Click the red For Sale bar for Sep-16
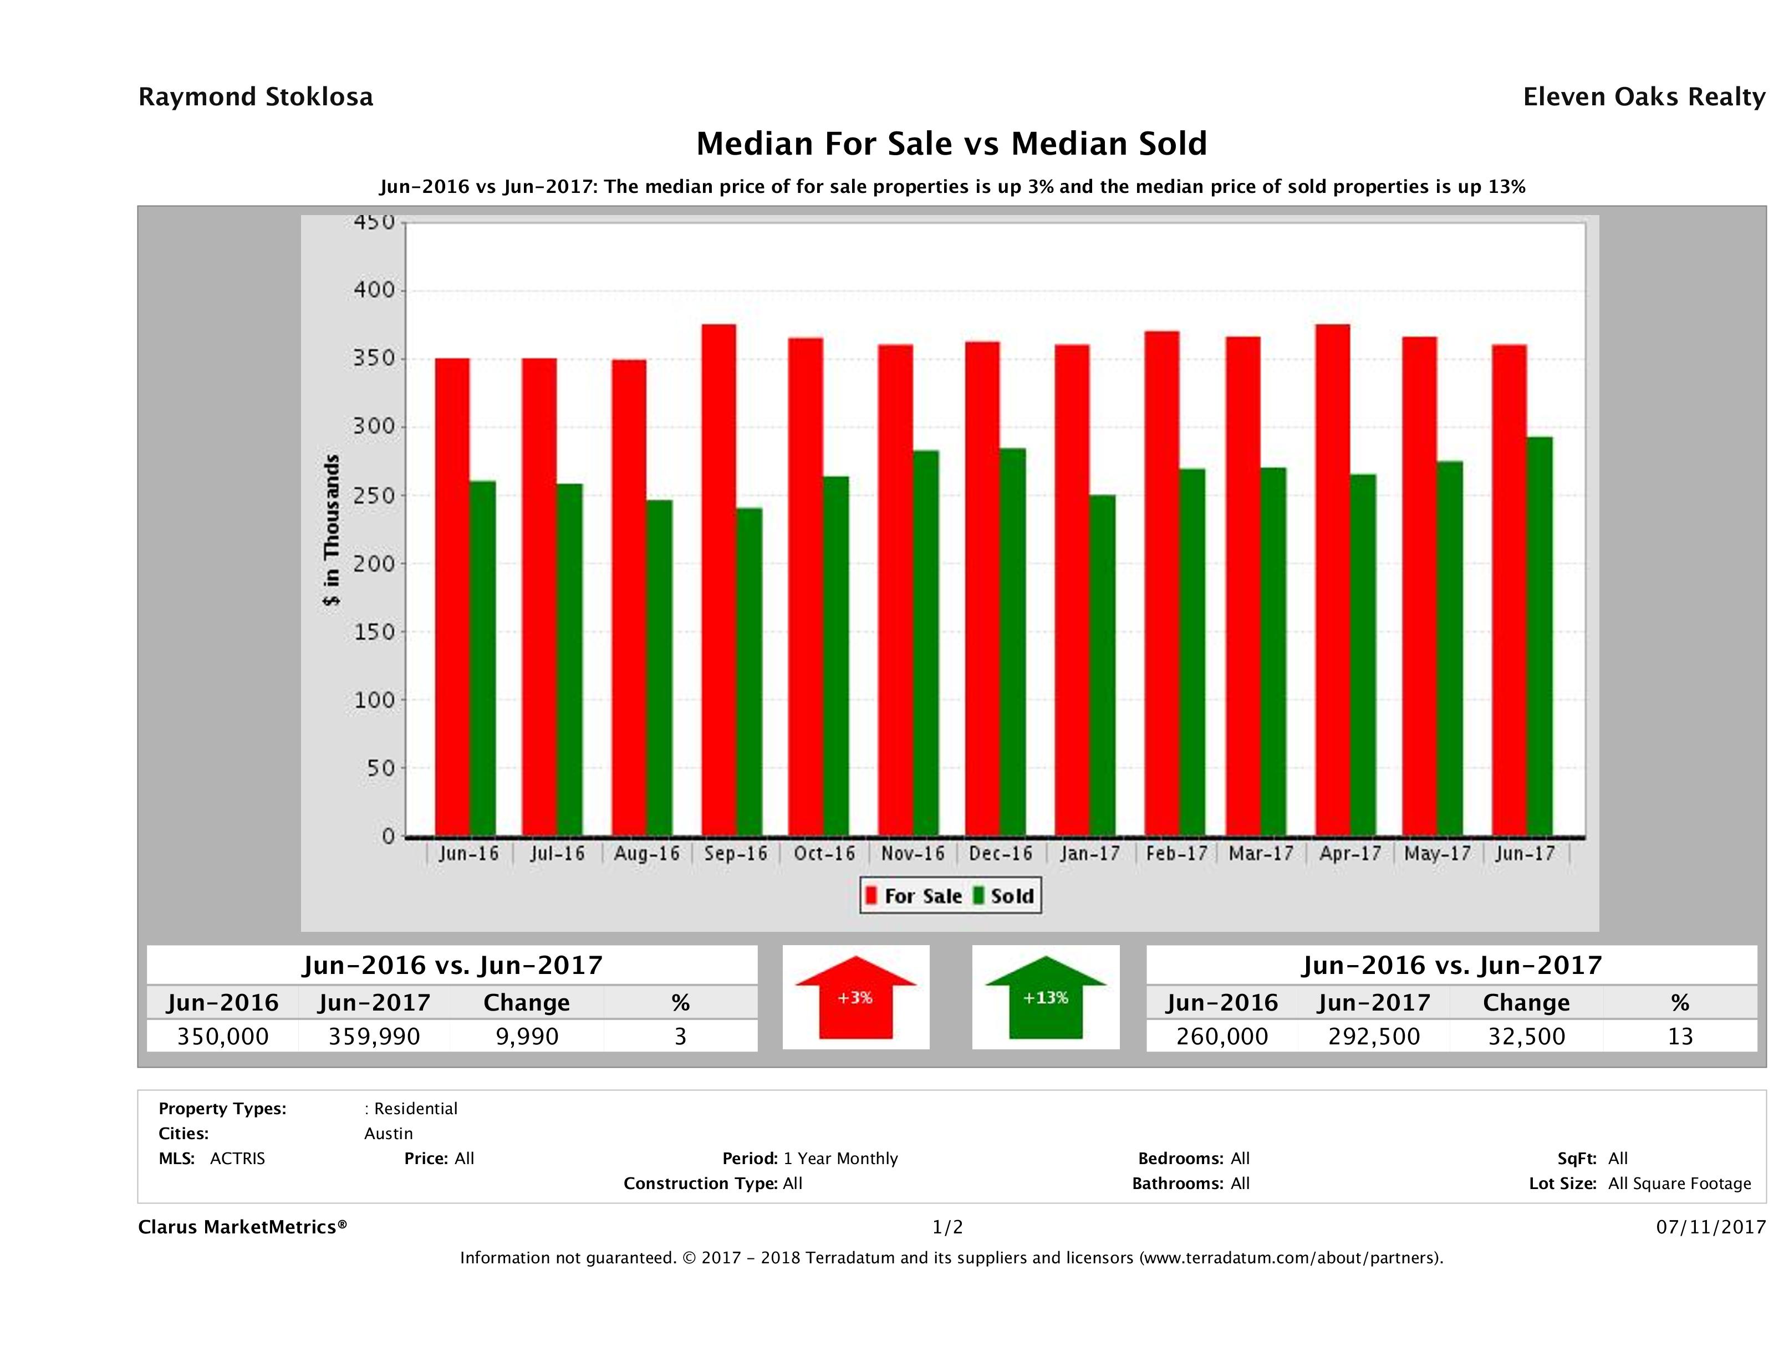pos(719,580)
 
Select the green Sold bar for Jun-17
pos(1539,636)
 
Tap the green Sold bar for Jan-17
pos(1102,665)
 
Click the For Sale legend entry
pos(914,896)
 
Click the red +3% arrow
pos(855,997)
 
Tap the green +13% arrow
pos(1046,997)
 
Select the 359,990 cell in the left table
pos(374,1036)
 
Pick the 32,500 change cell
pos(1526,1036)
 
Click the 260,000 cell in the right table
pos(1222,1036)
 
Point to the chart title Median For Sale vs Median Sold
pos(951,144)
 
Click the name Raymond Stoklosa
pos(256,97)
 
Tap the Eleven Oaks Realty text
pos(1643,97)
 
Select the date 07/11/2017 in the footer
pos(1710,1227)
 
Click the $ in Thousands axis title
pos(332,530)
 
